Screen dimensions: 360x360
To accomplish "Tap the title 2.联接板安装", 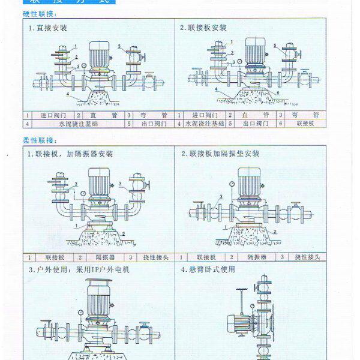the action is (x=204, y=28).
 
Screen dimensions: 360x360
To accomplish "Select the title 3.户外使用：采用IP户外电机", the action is (x=79, y=270).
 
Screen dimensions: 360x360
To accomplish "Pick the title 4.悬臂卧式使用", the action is (x=208, y=270).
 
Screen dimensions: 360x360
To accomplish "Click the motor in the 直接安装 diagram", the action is (x=98, y=54).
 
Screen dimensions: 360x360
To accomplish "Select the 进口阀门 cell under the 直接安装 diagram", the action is (x=52, y=115).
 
